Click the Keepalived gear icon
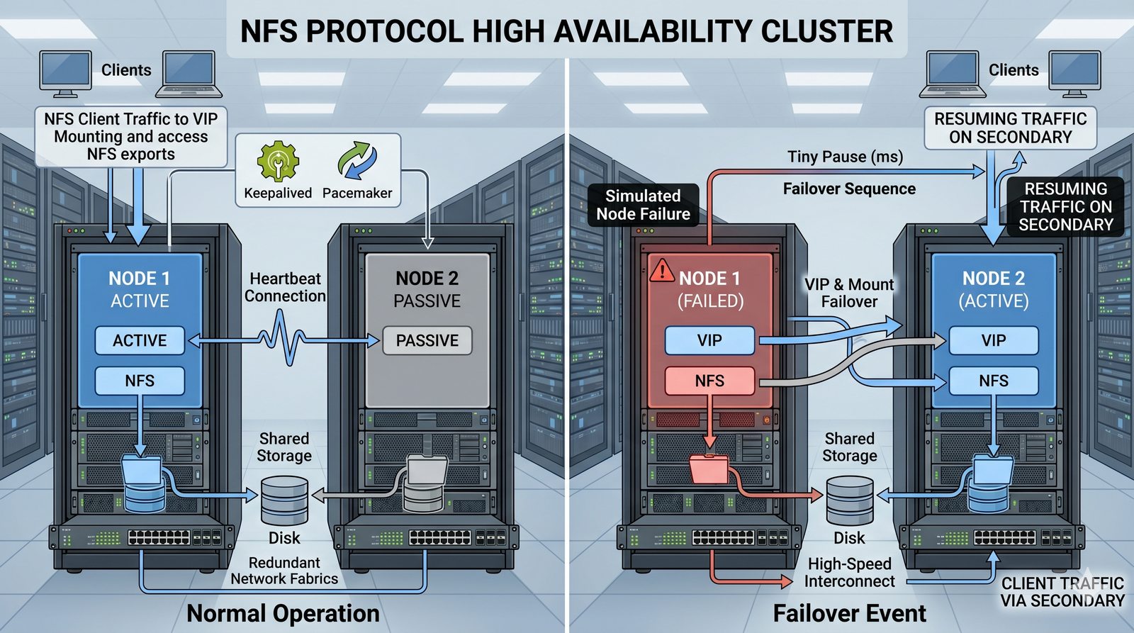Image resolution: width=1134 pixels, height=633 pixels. [277, 161]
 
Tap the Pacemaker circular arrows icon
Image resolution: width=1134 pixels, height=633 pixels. [357, 161]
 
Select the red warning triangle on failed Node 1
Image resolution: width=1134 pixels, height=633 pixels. [662, 270]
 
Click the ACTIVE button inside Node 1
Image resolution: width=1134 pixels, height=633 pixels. [140, 341]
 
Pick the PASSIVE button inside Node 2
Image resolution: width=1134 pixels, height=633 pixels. [427, 341]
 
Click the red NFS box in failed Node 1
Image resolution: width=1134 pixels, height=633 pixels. [709, 381]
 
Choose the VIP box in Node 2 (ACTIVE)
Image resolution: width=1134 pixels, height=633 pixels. [993, 341]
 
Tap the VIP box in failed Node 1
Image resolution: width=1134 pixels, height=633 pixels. [709, 341]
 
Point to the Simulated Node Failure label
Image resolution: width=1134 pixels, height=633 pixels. [643, 205]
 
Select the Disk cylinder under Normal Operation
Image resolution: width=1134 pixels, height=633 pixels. [284, 500]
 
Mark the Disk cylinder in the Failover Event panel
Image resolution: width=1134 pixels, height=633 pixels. [850, 500]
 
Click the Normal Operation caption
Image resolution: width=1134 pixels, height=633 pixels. [283, 613]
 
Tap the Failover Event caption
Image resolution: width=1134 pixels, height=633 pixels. [849, 613]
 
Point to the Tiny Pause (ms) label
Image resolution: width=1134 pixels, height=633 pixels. [845, 157]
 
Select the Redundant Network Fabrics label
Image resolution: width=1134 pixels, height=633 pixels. [284, 571]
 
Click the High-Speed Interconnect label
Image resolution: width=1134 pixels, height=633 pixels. [849, 573]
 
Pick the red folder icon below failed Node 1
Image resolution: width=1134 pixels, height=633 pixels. [709, 469]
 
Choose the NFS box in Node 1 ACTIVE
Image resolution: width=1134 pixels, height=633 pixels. [140, 381]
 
